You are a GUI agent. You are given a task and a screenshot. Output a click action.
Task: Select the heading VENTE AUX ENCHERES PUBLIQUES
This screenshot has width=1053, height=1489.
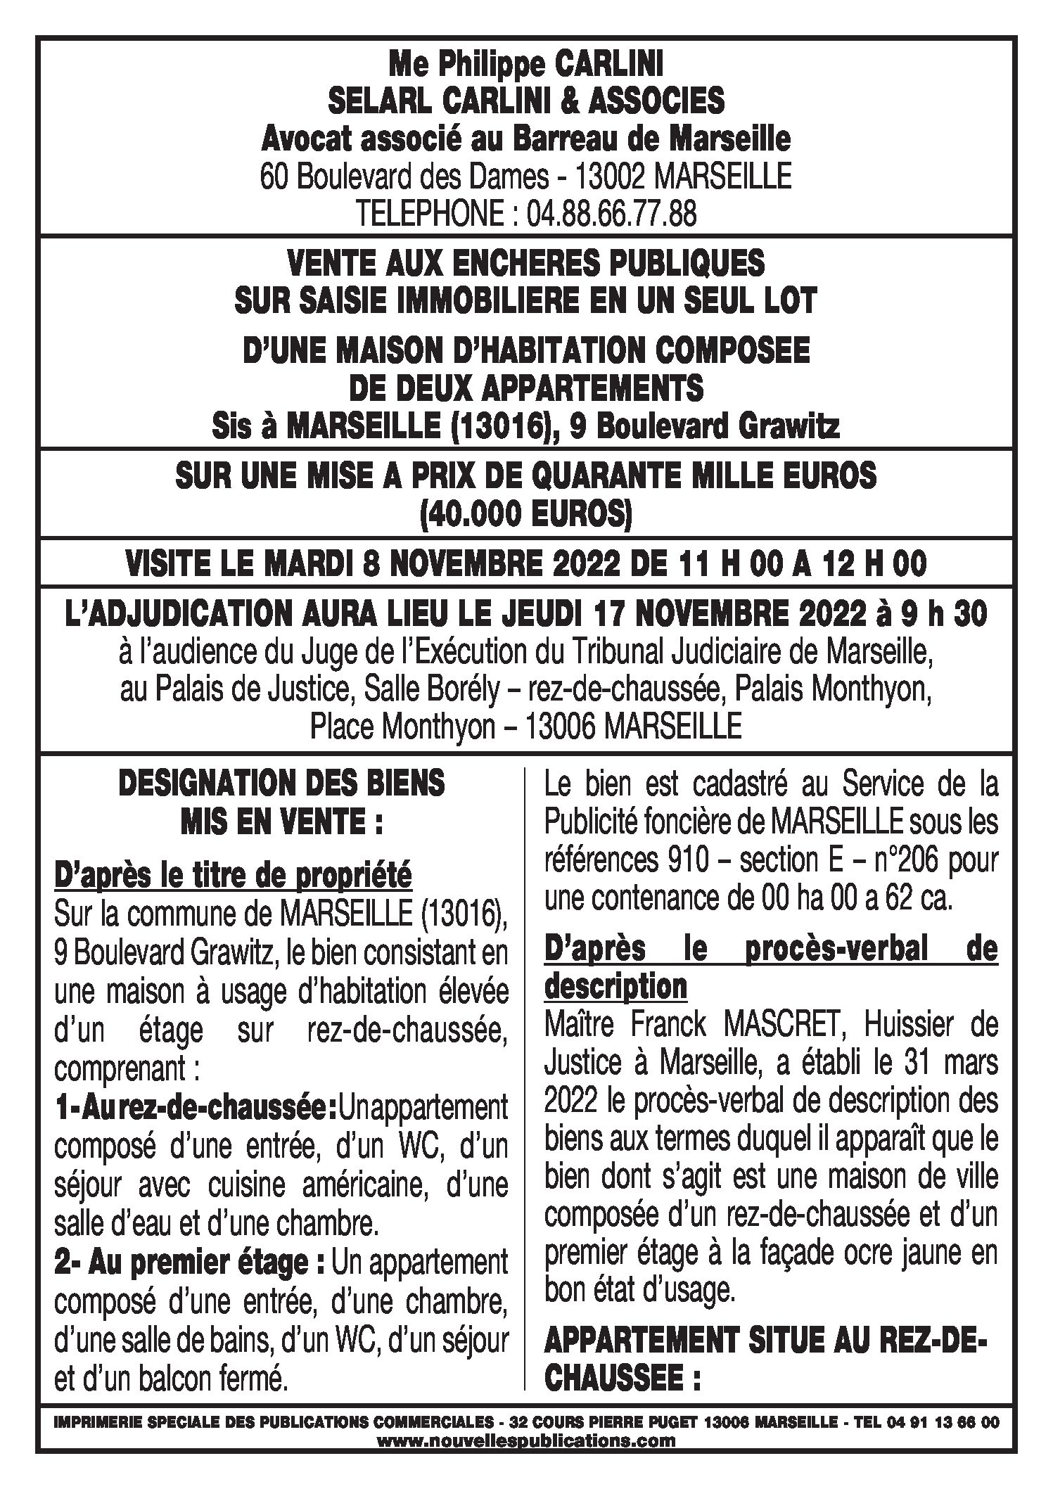click(x=525, y=264)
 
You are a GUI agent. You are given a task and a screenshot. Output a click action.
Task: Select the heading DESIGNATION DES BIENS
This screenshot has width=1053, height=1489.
click(x=281, y=784)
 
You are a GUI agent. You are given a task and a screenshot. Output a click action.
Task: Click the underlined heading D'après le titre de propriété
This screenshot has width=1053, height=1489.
click(x=233, y=876)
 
